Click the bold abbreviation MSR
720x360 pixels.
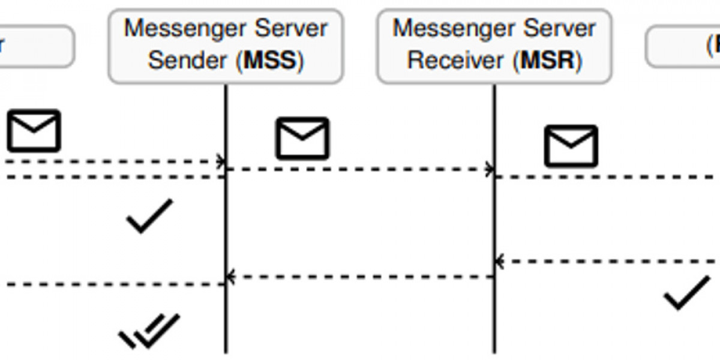[x=549, y=61]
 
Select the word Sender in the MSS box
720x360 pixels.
[x=188, y=61]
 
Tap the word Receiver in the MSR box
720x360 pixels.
[x=458, y=61]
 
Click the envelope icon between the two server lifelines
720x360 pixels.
[x=302, y=139]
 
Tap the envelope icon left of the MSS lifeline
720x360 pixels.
[x=34, y=130]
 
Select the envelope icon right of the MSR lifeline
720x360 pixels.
[x=571, y=146]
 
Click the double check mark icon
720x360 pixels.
[x=149, y=330]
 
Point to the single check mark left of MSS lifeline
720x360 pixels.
[x=149, y=215]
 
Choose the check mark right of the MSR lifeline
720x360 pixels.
[x=686, y=292]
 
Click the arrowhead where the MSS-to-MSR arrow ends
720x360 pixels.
[x=491, y=169]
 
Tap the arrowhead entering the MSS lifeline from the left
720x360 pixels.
[x=221, y=161]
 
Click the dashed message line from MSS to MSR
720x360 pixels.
[x=360, y=169]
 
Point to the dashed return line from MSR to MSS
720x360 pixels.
[x=360, y=277]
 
